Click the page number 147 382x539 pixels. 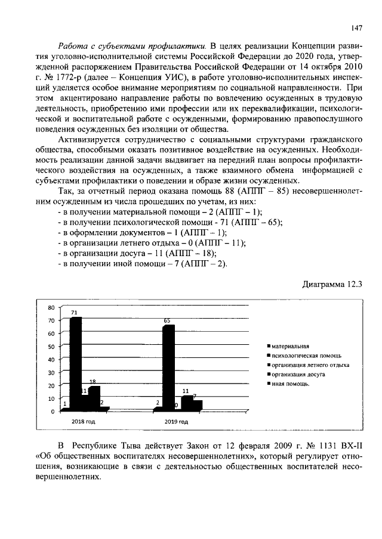[356, 27]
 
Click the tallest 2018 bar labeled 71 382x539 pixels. [76, 363]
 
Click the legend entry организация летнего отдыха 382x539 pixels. [309, 365]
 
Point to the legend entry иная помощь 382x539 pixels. [290, 385]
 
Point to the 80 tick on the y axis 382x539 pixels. [51, 307]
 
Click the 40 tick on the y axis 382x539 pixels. [51, 359]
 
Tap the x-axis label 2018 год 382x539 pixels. [84, 421]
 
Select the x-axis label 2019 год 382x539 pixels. [176, 421]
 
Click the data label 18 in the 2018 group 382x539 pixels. [93, 382]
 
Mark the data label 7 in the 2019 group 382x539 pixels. [195, 396]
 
